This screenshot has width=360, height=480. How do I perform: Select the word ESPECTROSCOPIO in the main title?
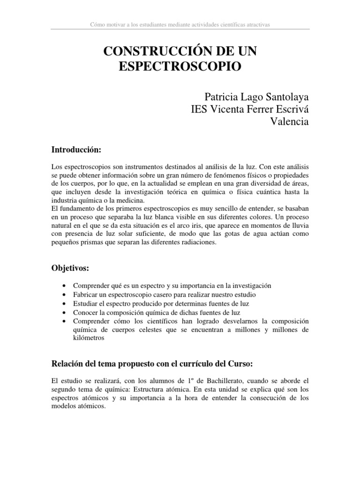[x=180, y=66]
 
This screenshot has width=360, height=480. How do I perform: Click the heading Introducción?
[x=76, y=150]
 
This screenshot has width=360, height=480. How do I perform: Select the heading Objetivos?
[x=70, y=268]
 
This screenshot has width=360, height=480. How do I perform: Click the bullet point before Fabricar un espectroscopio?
[x=64, y=294]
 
